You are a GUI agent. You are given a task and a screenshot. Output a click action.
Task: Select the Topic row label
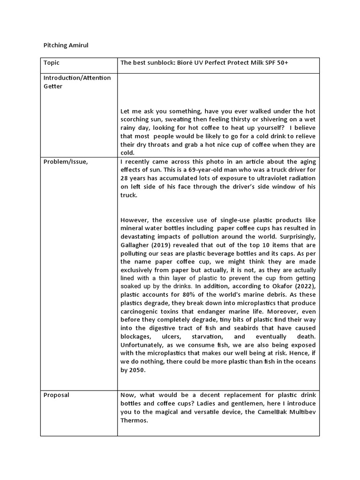pos(52,63)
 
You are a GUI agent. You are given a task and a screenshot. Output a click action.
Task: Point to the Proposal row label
pos(56,395)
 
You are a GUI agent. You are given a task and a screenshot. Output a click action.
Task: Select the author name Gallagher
pos(136,246)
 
